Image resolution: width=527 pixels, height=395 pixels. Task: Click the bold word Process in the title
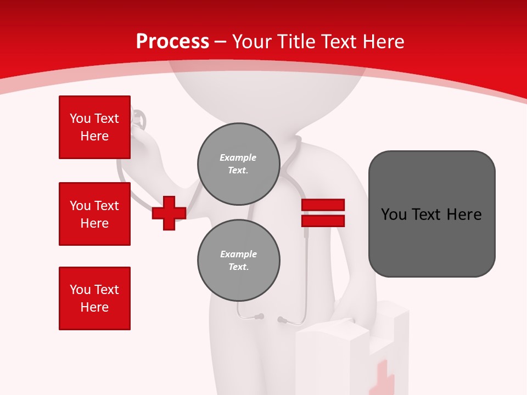click(x=172, y=42)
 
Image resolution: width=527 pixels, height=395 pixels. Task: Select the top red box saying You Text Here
click(x=94, y=127)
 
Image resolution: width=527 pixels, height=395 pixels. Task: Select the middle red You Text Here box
click(x=94, y=214)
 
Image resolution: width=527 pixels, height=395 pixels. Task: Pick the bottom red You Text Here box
click(x=94, y=298)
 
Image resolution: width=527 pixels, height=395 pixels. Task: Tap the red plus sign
click(x=169, y=213)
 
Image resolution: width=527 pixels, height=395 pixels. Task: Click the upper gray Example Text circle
click(x=238, y=164)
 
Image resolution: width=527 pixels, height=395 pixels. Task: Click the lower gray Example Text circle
click(x=238, y=261)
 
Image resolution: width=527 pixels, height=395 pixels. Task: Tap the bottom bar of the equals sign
click(x=323, y=221)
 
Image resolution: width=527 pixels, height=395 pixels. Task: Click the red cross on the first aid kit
click(x=382, y=379)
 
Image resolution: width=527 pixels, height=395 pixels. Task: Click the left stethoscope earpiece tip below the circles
click(x=260, y=317)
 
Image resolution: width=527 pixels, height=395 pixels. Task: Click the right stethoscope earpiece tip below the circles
click(x=281, y=319)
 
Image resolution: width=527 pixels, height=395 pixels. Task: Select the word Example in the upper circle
click(x=238, y=158)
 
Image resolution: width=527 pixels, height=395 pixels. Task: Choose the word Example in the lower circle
click(x=238, y=255)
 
